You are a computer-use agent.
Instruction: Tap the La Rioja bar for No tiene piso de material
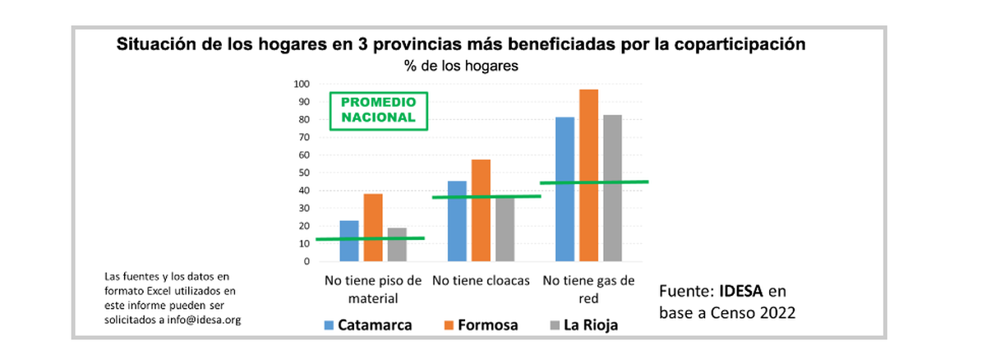coord(397,245)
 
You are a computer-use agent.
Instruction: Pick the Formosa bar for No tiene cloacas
coord(481,210)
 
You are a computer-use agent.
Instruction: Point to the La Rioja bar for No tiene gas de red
coord(612,188)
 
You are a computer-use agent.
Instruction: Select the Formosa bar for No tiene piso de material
coord(373,228)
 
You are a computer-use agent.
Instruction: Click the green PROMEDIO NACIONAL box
coord(378,110)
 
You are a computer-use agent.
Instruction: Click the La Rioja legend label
coord(590,325)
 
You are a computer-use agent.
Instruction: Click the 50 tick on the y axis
coord(302,173)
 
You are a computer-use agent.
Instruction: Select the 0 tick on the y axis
coord(305,261)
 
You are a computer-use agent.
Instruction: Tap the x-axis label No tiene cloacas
coord(481,280)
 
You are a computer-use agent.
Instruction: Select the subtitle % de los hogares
coord(460,67)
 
